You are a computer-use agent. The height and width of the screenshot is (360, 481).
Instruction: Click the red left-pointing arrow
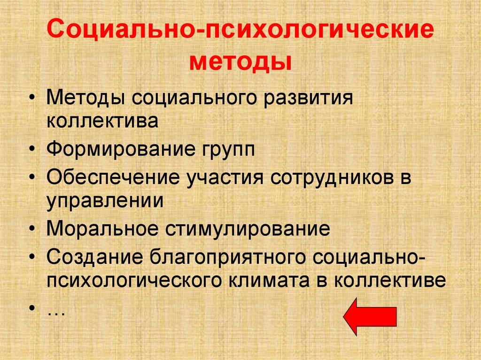coord(370,316)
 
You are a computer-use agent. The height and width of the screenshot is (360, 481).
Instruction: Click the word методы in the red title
coord(240,61)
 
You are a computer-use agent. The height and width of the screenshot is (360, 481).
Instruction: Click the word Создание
coord(95,258)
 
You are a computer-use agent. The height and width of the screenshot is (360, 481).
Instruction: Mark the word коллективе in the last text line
coord(389,280)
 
